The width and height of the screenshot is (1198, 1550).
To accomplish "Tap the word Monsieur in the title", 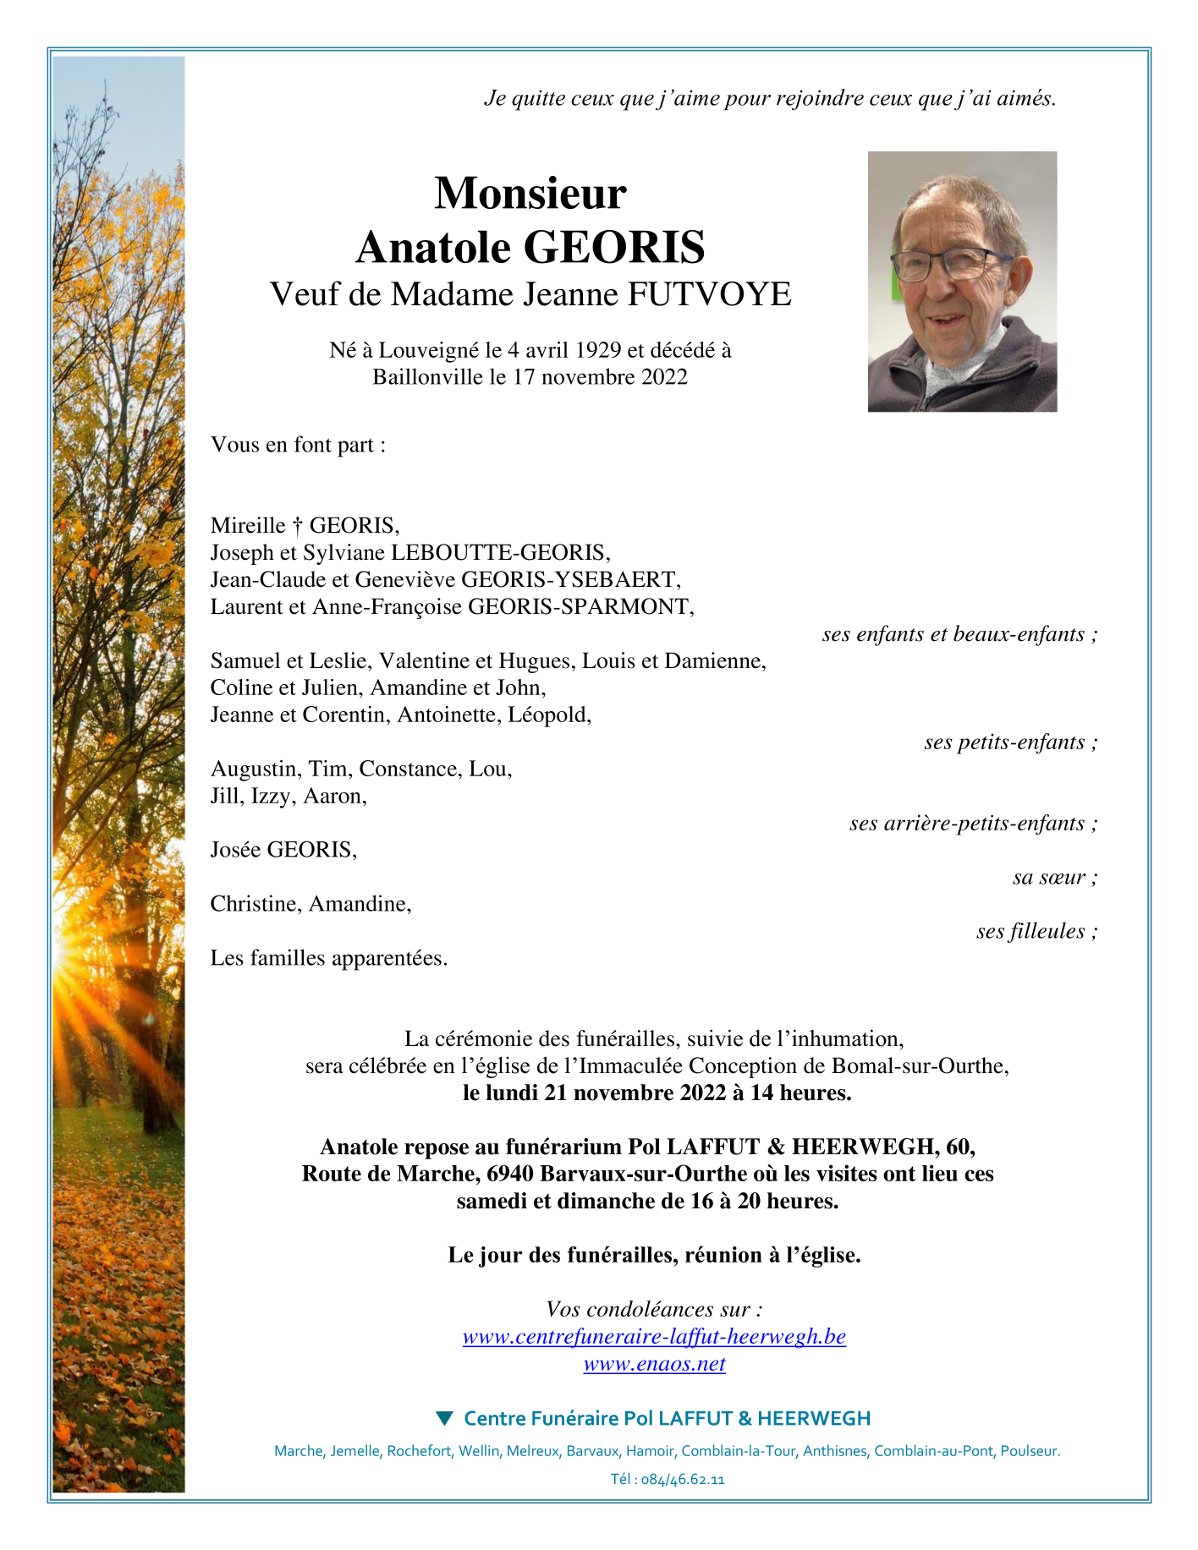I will click(x=530, y=194).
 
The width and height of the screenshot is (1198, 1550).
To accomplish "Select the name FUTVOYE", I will click(x=709, y=295).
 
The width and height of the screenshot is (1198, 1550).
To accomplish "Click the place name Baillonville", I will click(x=428, y=377).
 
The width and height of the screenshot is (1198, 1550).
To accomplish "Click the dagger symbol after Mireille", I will click(x=297, y=526).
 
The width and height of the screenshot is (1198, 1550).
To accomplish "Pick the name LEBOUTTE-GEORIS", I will click(x=498, y=553).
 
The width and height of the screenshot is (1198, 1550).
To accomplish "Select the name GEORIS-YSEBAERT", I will click(x=569, y=580).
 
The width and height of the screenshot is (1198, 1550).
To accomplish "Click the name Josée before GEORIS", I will click(x=236, y=851).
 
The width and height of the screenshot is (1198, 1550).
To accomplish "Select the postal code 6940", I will click(x=510, y=1175).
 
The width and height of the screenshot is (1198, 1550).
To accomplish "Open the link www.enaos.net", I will click(x=654, y=1364).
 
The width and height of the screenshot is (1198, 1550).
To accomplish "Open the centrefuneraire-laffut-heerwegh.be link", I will click(x=654, y=1337).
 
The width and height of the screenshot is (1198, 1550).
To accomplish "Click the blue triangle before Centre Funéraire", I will click(x=444, y=1418).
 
